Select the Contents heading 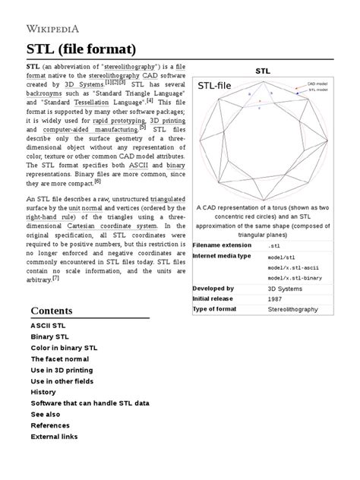62,311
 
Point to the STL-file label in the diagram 215,88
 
